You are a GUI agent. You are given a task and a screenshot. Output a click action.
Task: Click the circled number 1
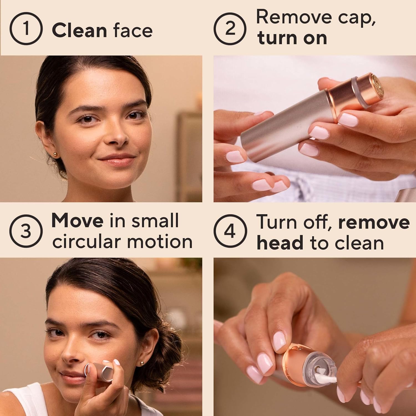point(26,29)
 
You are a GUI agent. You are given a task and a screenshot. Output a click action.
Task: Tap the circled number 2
point(230,29)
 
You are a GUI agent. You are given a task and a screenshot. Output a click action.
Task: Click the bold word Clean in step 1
point(79,31)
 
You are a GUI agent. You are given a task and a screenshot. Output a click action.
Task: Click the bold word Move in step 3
point(77,221)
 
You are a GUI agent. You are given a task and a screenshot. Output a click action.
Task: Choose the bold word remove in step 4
point(374,222)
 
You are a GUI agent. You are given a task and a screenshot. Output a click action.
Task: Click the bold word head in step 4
point(280,243)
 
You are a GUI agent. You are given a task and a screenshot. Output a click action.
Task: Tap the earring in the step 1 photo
point(56,154)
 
